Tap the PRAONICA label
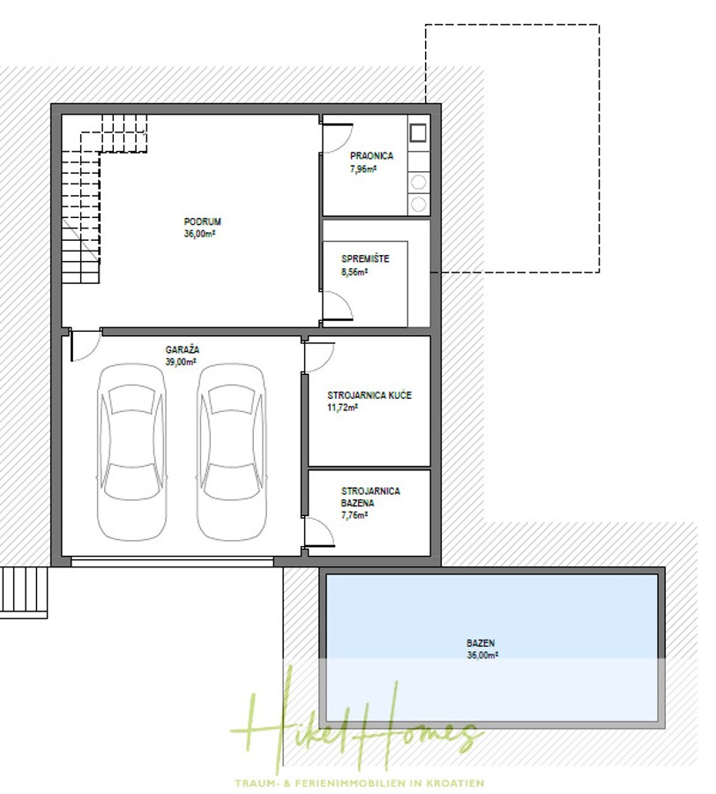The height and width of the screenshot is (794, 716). (371, 156)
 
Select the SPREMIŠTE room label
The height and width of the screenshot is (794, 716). (365, 259)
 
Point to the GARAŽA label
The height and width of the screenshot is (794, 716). (183, 349)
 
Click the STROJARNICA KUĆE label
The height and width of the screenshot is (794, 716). (369, 396)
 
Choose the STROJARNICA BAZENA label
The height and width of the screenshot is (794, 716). (370, 497)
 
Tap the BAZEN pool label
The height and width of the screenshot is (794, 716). (482, 643)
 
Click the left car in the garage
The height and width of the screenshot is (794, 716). (131, 452)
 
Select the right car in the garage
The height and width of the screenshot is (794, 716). (231, 452)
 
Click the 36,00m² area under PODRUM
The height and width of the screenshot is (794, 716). (201, 234)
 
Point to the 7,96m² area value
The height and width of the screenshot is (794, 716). (362, 168)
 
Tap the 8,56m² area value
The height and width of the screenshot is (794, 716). (354, 273)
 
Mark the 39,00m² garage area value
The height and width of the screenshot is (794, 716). (181, 362)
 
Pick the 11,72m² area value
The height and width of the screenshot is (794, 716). (344, 408)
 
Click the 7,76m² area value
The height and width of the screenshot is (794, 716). (354, 515)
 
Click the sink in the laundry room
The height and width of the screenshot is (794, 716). (419, 134)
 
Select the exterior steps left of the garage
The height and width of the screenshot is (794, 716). (24, 590)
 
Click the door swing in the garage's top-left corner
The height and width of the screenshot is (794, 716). (84, 345)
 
